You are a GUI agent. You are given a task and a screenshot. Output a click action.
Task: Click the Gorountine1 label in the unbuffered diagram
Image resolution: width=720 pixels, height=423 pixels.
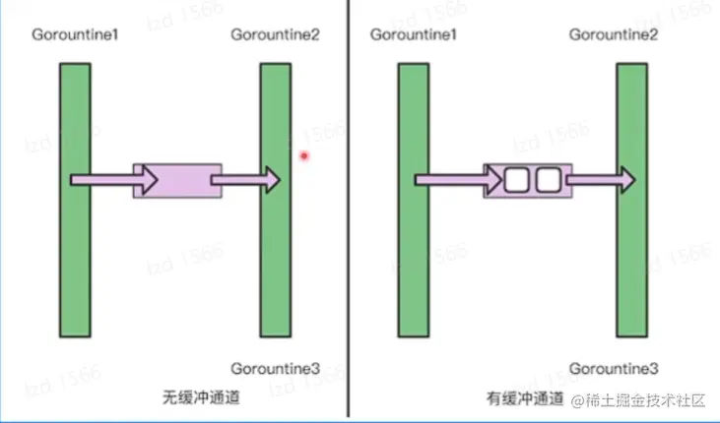pyautogui.click(x=75, y=35)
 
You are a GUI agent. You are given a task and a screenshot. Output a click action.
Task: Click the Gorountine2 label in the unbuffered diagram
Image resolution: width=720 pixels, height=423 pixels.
pyautogui.click(x=275, y=35)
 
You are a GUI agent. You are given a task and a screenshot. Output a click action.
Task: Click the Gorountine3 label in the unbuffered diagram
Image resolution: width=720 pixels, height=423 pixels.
pyautogui.click(x=275, y=369)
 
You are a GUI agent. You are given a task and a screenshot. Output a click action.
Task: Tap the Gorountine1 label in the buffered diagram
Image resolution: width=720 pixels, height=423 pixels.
pyautogui.click(x=415, y=35)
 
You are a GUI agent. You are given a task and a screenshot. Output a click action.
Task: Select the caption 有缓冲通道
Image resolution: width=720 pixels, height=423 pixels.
pyautogui.click(x=525, y=399)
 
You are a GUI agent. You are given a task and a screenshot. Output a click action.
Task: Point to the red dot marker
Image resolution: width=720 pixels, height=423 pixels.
pyautogui.click(x=305, y=154)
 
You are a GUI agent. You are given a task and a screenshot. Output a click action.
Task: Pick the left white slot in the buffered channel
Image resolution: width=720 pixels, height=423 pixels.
pyautogui.click(x=517, y=180)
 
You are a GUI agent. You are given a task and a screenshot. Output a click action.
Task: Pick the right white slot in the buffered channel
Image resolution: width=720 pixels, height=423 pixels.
pyautogui.click(x=548, y=180)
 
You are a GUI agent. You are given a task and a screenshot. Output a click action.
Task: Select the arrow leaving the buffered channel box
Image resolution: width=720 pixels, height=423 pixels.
pyautogui.click(x=599, y=180)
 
